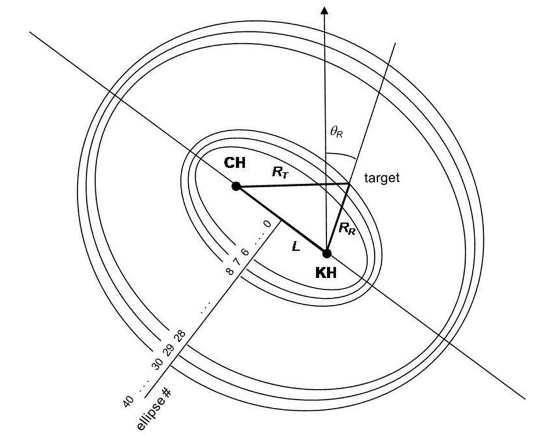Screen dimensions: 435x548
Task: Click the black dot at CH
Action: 236,186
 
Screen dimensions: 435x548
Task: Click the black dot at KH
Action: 327,253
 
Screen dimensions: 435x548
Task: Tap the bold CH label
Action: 235,163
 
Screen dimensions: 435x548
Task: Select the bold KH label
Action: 326,274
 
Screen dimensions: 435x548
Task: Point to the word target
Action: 382,178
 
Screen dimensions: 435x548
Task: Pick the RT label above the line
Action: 280,172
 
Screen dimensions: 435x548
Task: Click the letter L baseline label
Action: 295,246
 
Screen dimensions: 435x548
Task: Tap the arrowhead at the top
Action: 325,10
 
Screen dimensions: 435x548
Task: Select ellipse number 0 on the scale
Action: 266,223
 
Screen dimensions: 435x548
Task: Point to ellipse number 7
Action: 238,261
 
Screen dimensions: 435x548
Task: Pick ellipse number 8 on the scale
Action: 230,270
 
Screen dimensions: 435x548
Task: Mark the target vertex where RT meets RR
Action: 348,184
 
